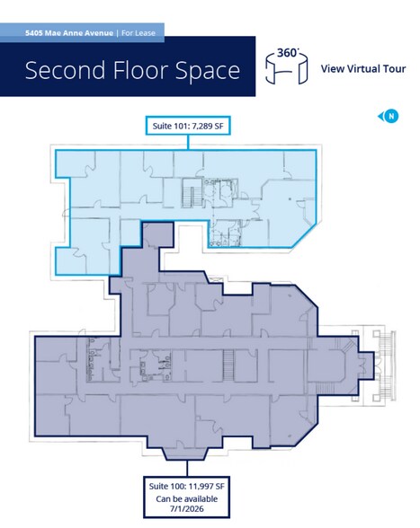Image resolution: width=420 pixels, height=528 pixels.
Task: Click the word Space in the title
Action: (207, 71)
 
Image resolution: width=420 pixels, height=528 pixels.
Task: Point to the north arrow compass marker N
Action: (391, 116)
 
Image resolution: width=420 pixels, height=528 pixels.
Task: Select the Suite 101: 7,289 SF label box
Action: (187, 126)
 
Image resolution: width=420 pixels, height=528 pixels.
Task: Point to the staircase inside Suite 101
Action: (192, 192)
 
